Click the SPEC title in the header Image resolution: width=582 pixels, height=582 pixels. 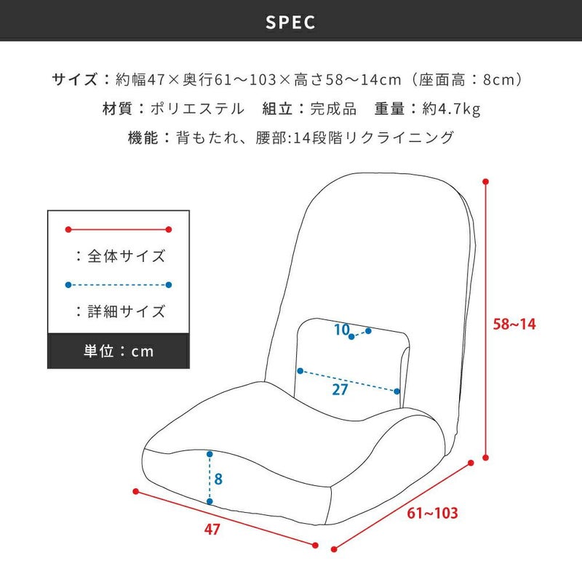(290, 23)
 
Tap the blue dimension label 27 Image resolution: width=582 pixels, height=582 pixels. (340, 389)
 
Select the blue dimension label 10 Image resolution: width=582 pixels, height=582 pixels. (342, 330)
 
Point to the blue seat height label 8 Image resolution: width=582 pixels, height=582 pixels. (218, 479)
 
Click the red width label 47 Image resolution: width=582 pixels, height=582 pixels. (212, 530)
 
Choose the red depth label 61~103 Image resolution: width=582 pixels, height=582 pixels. (432, 513)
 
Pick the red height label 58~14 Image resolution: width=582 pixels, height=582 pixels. (514, 324)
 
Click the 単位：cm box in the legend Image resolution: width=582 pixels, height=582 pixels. (119, 351)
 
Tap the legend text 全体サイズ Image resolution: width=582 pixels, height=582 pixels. (126, 256)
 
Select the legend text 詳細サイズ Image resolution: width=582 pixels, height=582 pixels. (126, 311)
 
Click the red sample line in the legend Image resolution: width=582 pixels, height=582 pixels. (119, 229)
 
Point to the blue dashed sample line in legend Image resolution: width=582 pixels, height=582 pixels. (119, 285)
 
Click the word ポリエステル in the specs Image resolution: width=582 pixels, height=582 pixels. (197, 108)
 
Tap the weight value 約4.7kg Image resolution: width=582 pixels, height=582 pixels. (451, 108)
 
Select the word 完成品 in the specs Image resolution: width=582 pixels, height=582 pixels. (333, 108)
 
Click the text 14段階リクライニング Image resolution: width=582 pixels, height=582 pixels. (373, 137)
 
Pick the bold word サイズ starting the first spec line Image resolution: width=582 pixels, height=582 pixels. (75, 79)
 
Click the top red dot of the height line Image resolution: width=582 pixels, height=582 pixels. (485, 181)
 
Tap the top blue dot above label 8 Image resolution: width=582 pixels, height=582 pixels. (210, 454)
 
